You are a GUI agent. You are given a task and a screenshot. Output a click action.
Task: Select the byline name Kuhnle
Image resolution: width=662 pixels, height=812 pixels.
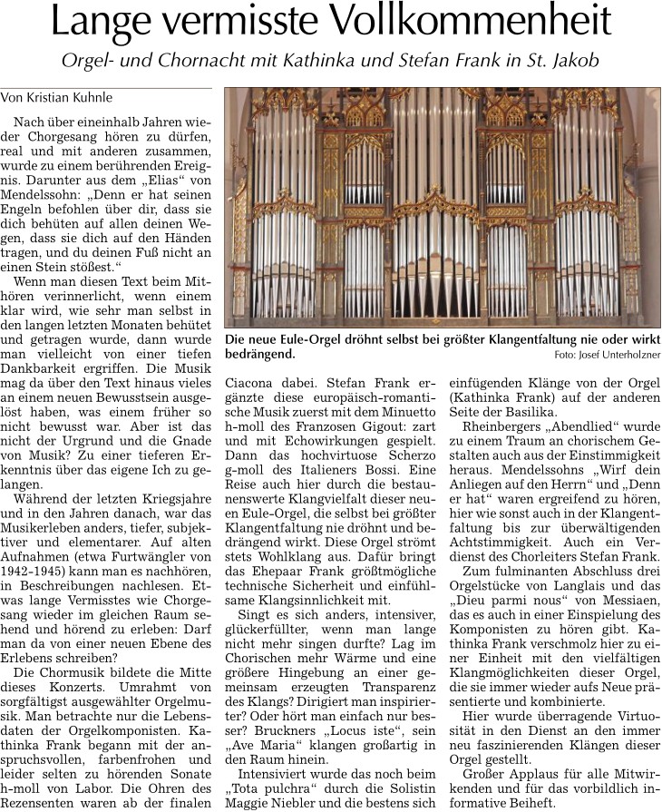point(113,95)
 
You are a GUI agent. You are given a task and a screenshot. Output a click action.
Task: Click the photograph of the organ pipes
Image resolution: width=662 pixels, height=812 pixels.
point(443,208)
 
